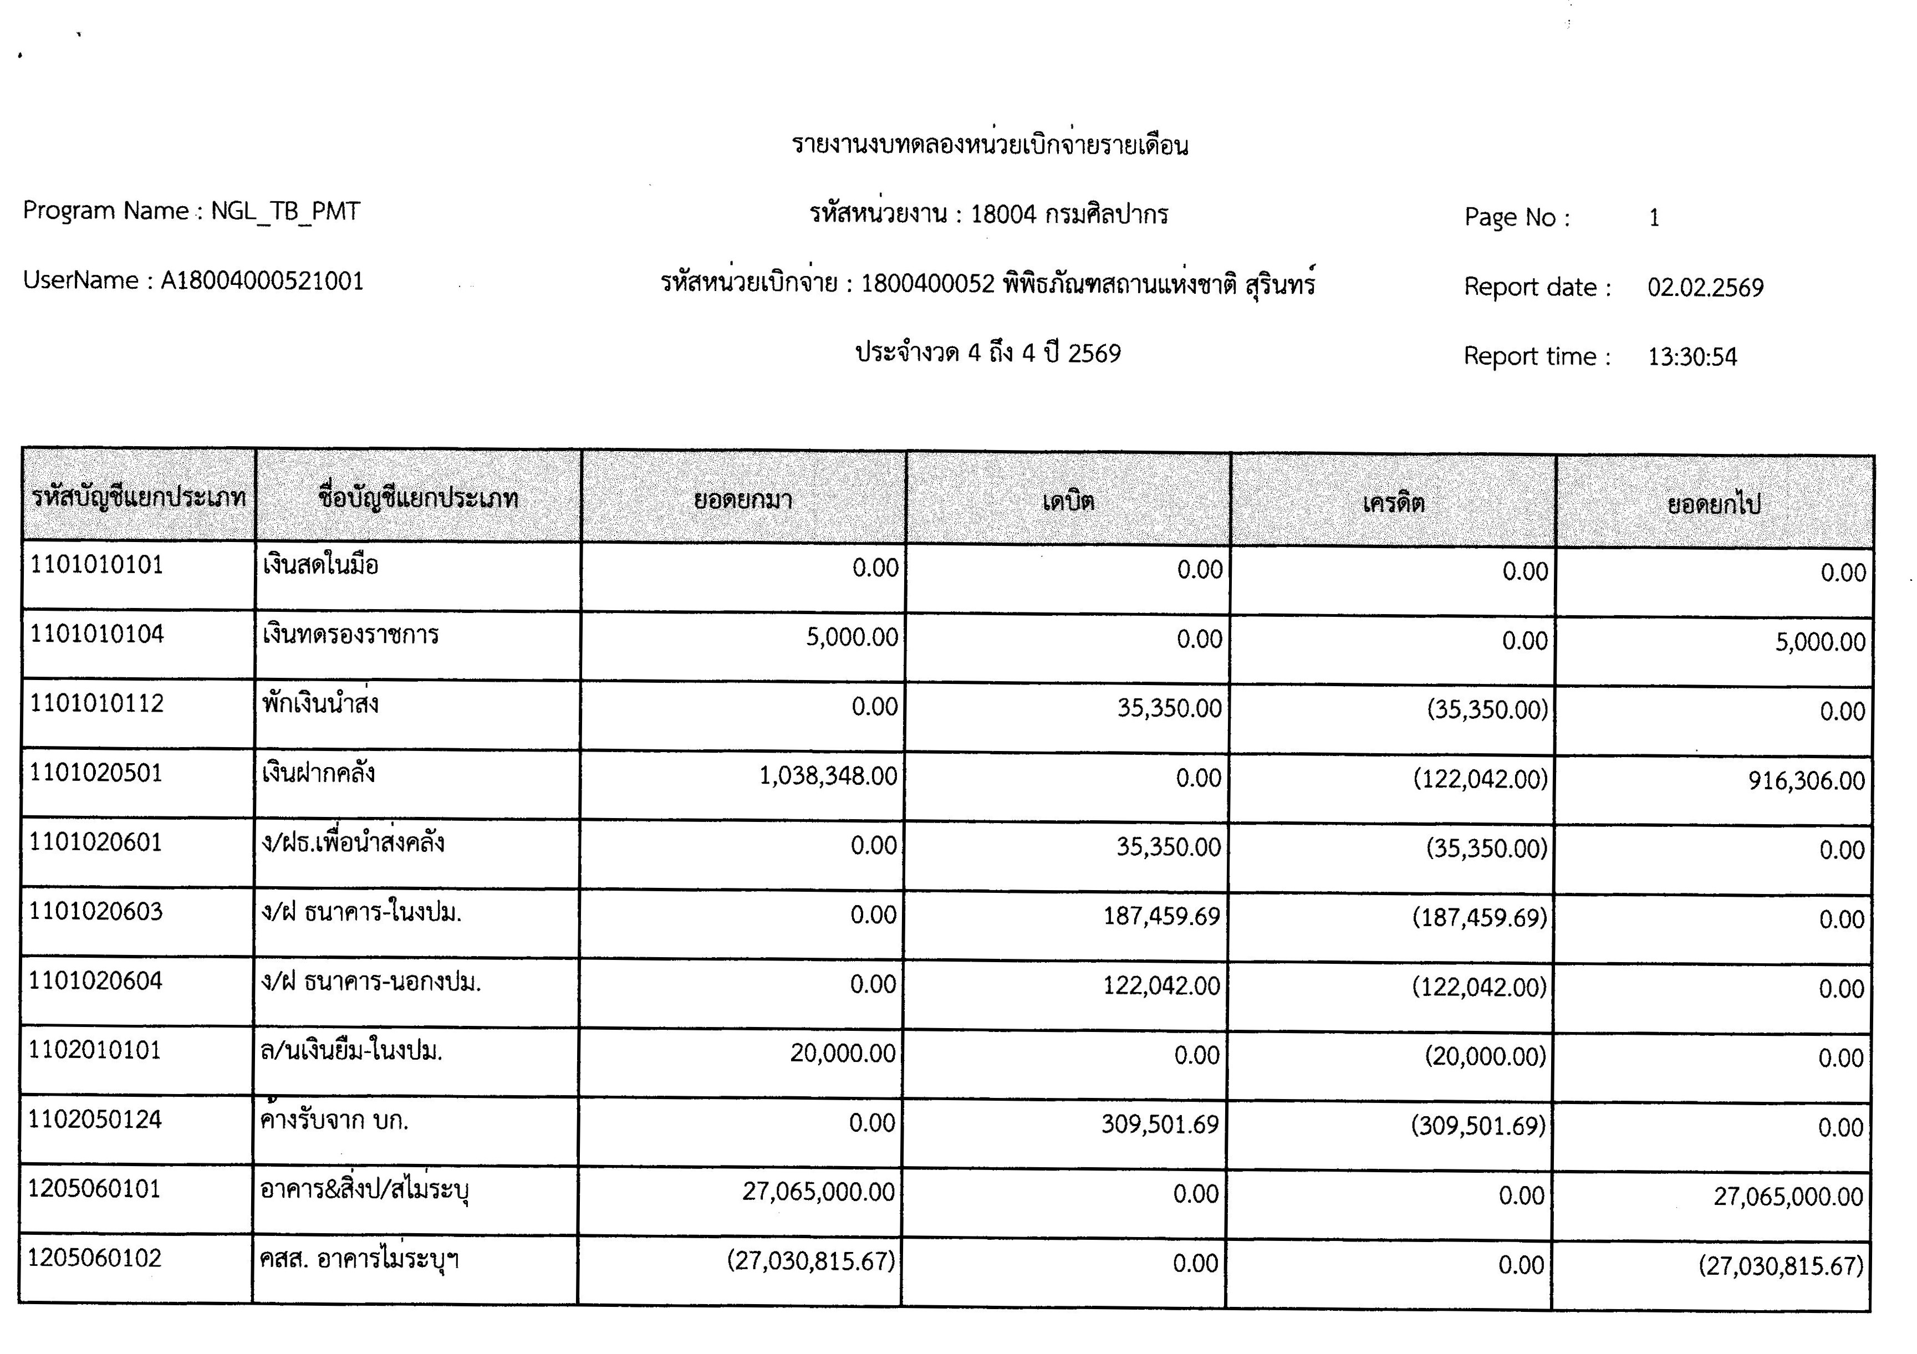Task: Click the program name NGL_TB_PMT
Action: point(285,211)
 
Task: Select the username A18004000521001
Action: point(262,282)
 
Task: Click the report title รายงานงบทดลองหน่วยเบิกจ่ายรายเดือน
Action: point(990,145)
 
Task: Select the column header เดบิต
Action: point(1068,501)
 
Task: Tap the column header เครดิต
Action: point(1393,503)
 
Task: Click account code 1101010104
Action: point(97,635)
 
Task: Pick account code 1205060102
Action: point(94,1258)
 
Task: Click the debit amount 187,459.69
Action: point(1161,917)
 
